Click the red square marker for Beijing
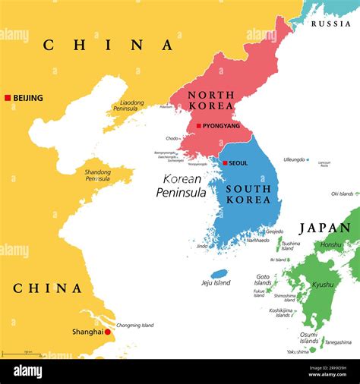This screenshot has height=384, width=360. [8, 98]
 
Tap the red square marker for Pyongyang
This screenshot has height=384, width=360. [199, 126]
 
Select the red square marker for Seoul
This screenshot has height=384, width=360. [225, 163]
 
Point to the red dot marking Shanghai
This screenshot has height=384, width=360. [108, 332]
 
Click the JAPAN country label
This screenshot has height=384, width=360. [325, 228]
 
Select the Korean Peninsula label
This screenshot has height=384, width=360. [181, 186]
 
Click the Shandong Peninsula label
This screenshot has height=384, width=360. [97, 175]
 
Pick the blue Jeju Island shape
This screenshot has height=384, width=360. [219, 273]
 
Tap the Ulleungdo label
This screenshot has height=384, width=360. [294, 160]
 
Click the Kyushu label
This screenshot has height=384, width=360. [323, 285]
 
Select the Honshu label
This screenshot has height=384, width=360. [331, 245]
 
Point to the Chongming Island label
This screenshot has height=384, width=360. [134, 326]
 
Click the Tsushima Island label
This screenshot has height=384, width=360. [290, 246]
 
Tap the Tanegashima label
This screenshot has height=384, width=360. [338, 342]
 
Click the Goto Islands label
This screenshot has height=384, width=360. [263, 280]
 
